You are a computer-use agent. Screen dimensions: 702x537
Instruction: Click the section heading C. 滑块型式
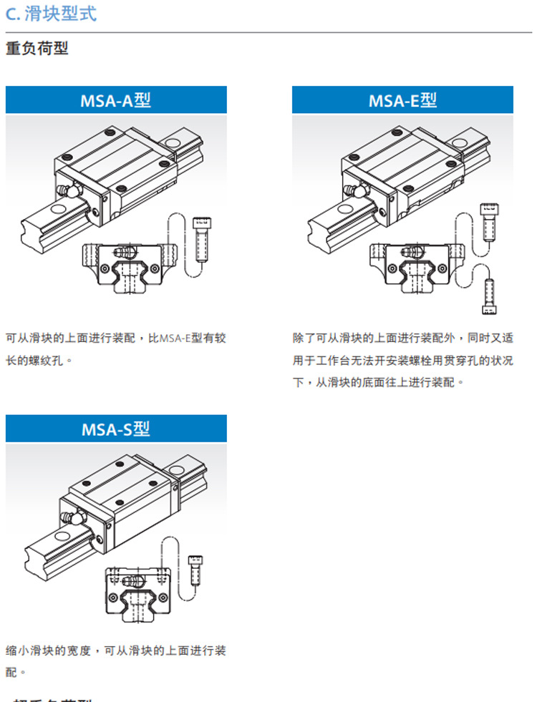coord(51,14)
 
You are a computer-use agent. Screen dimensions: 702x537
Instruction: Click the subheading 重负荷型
coord(37,49)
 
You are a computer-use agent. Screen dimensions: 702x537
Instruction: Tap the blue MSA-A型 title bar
coord(116,100)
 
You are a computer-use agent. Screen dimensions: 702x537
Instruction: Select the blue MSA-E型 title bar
coord(402,100)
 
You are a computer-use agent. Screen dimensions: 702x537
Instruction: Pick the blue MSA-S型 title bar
coord(116,429)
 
